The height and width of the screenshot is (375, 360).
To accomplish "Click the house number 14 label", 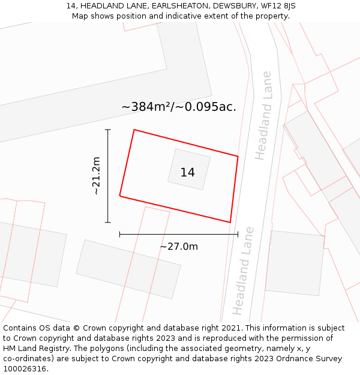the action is pos(187,173).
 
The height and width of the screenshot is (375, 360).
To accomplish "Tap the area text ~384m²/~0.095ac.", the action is pos(179,107).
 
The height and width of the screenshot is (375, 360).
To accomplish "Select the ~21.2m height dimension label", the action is pos(95,176).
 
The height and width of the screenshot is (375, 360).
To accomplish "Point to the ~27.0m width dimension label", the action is pos(179,246).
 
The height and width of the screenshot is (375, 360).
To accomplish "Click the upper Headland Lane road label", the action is pos(263,116).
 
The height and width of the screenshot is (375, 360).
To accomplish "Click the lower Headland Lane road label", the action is pos(243,271).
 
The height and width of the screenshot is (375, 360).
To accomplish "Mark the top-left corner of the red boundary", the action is pos(134,130).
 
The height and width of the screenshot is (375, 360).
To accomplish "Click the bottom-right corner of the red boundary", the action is pos(230,222).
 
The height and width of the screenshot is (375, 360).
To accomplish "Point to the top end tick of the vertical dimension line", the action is pos(108,130).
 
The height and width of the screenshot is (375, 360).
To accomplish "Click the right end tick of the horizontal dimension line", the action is pos(238,234).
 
